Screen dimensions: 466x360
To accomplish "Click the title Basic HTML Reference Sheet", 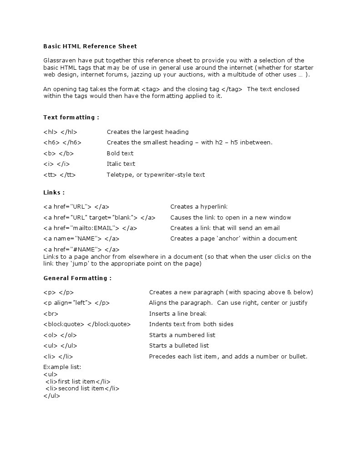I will pyautogui.click(x=90, y=46).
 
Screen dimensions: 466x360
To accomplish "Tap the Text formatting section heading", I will pyautogui.click(x=71, y=117).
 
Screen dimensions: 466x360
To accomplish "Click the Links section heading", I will pyautogui.click(x=54, y=192).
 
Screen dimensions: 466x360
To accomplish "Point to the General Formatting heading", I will pyautogui.click(x=77, y=278).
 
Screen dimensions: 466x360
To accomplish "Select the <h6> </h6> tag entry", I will pyautogui.click(x=62, y=142).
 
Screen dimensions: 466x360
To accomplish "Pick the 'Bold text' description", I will pyautogui.click(x=120, y=153).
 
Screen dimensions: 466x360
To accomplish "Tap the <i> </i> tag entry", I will pyautogui.click(x=56, y=164).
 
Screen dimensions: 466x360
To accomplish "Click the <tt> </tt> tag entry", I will pyautogui.click(x=60, y=174).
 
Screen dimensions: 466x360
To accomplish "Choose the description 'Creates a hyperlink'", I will pyautogui.click(x=199, y=206).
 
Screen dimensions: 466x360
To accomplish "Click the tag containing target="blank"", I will pyautogui.click(x=99, y=217).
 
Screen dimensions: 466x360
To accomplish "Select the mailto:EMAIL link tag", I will pyautogui.click(x=90, y=228).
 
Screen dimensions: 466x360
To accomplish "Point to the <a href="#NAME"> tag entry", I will pyautogui.click(x=81, y=249).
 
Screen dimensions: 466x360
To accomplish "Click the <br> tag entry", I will pyautogui.click(x=51, y=313).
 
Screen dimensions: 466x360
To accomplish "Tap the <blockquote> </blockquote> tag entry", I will pyautogui.click(x=87, y=324).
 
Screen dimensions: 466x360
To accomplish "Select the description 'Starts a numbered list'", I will pyautogui.click(x=182, y=335).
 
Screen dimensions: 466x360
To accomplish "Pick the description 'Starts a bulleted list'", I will pyautogui.click(x=179, y=345).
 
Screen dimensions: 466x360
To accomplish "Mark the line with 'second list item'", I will pyautogui.click(x=82, y=389).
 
